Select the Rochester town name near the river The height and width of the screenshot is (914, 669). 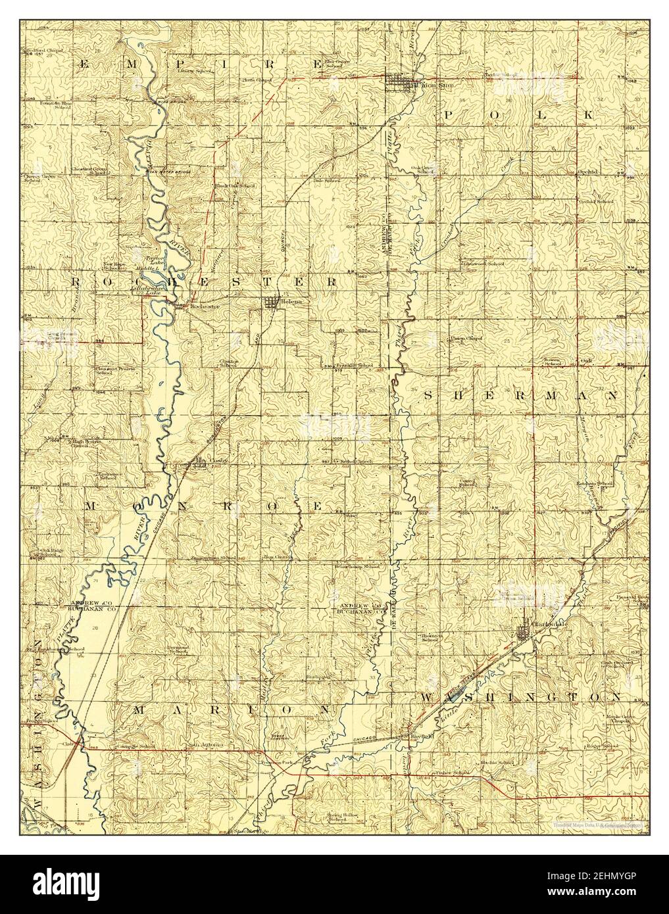pos(203,306)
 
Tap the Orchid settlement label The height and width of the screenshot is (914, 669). pos(587,172)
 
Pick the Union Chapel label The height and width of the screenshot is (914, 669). pos(466,339)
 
